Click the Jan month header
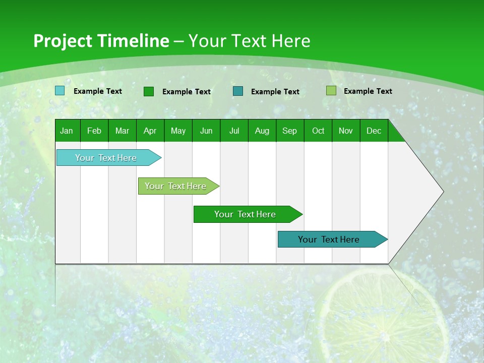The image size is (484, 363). pyautogui.click(x=67, y=131)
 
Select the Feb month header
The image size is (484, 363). pyautogui.click(x=94, y=131)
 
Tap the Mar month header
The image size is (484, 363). pyautogui.click(x=122, y=131)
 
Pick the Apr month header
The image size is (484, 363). pyautogui.click(x=150, y=131)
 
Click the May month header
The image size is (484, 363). pyautogui.click(x=178, y=131)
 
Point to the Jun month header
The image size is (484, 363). pyautogui.click(x=206, y=131)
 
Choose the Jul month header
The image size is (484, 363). pyautogui.click(x=234, y=131)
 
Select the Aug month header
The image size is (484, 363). pyautogui.click(x=262, y=131)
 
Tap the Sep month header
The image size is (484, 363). pyautogui.click(x=290, y=131)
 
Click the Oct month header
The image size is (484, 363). pyautogui.click(x=318, y=131)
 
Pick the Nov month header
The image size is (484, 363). pyautogui.click(x=346, y=131)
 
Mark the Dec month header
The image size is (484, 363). pyautogui.click(x=374, y=131)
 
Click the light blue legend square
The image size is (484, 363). pyautogui.click(x=59, y=91)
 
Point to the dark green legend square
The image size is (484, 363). pyautogui.click(x=149, y=91)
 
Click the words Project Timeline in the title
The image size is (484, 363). pyautogui.click(x=101, y=41)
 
